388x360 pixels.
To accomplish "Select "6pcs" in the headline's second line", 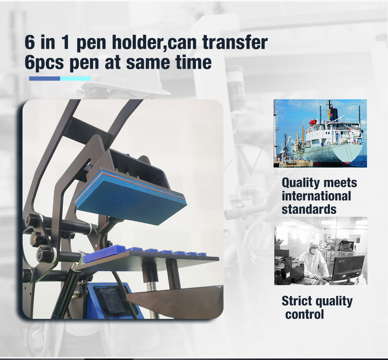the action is (x=44, y=63).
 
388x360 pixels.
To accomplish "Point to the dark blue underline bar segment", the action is (x=45, y=78).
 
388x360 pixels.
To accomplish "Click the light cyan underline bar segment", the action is (x=75, y=78).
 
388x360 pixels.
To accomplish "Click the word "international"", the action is (x=316, y=196).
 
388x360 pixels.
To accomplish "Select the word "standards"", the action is (x=309, y=209).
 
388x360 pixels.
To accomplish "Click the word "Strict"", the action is (x=297, y=301).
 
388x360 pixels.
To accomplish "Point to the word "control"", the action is (x=305, y=315).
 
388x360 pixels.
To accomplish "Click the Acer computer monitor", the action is (x=348, y=268).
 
